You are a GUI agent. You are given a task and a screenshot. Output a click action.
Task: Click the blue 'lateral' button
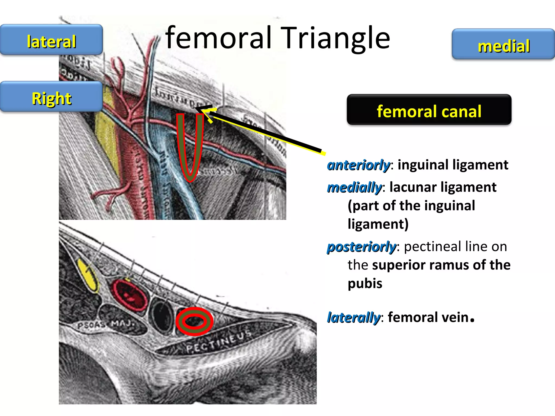[x=51, y=40]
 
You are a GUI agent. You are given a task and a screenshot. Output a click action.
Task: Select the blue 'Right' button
[x=51, y=97]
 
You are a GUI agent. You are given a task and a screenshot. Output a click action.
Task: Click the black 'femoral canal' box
[x=429, y=110]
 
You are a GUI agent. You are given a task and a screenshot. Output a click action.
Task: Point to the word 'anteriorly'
[x=358, y=165]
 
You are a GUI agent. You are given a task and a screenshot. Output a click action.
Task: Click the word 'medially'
[x=354, y=187]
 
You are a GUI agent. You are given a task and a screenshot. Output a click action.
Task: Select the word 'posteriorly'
[x=362, y=247]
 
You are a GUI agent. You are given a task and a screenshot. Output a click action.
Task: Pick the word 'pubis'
[x=365, y=284]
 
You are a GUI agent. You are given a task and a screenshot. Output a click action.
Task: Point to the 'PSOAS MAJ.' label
[x=106, y=324]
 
